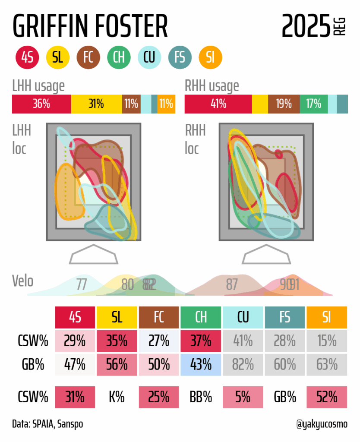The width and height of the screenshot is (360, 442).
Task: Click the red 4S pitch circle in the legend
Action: click(27, 57)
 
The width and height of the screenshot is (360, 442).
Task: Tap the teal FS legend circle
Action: click(180, 57)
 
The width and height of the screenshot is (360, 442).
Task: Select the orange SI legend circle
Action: click(211, 57)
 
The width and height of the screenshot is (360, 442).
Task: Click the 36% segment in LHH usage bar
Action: click(41, 104)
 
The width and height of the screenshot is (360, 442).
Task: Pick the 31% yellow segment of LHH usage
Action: click(96, 104)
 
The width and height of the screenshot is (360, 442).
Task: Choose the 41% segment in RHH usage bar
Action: click(218, 104)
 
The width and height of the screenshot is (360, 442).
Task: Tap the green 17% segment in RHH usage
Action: click(313, 104)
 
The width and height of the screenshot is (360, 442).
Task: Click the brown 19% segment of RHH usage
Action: click(284, 104)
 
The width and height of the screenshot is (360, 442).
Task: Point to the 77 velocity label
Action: click(82, 284)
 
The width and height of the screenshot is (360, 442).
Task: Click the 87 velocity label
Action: click(232, 284)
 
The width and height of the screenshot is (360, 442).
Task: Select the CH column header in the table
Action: click(201, 317)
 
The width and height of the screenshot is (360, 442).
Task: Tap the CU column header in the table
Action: click(243, 317)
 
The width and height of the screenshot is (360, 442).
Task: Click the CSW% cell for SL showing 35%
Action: click(117, 341)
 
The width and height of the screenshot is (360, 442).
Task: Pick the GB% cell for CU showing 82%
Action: click(243, 364)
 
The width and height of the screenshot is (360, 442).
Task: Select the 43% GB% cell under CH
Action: click(201, 364)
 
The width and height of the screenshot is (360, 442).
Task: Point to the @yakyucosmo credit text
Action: click(322, 424)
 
